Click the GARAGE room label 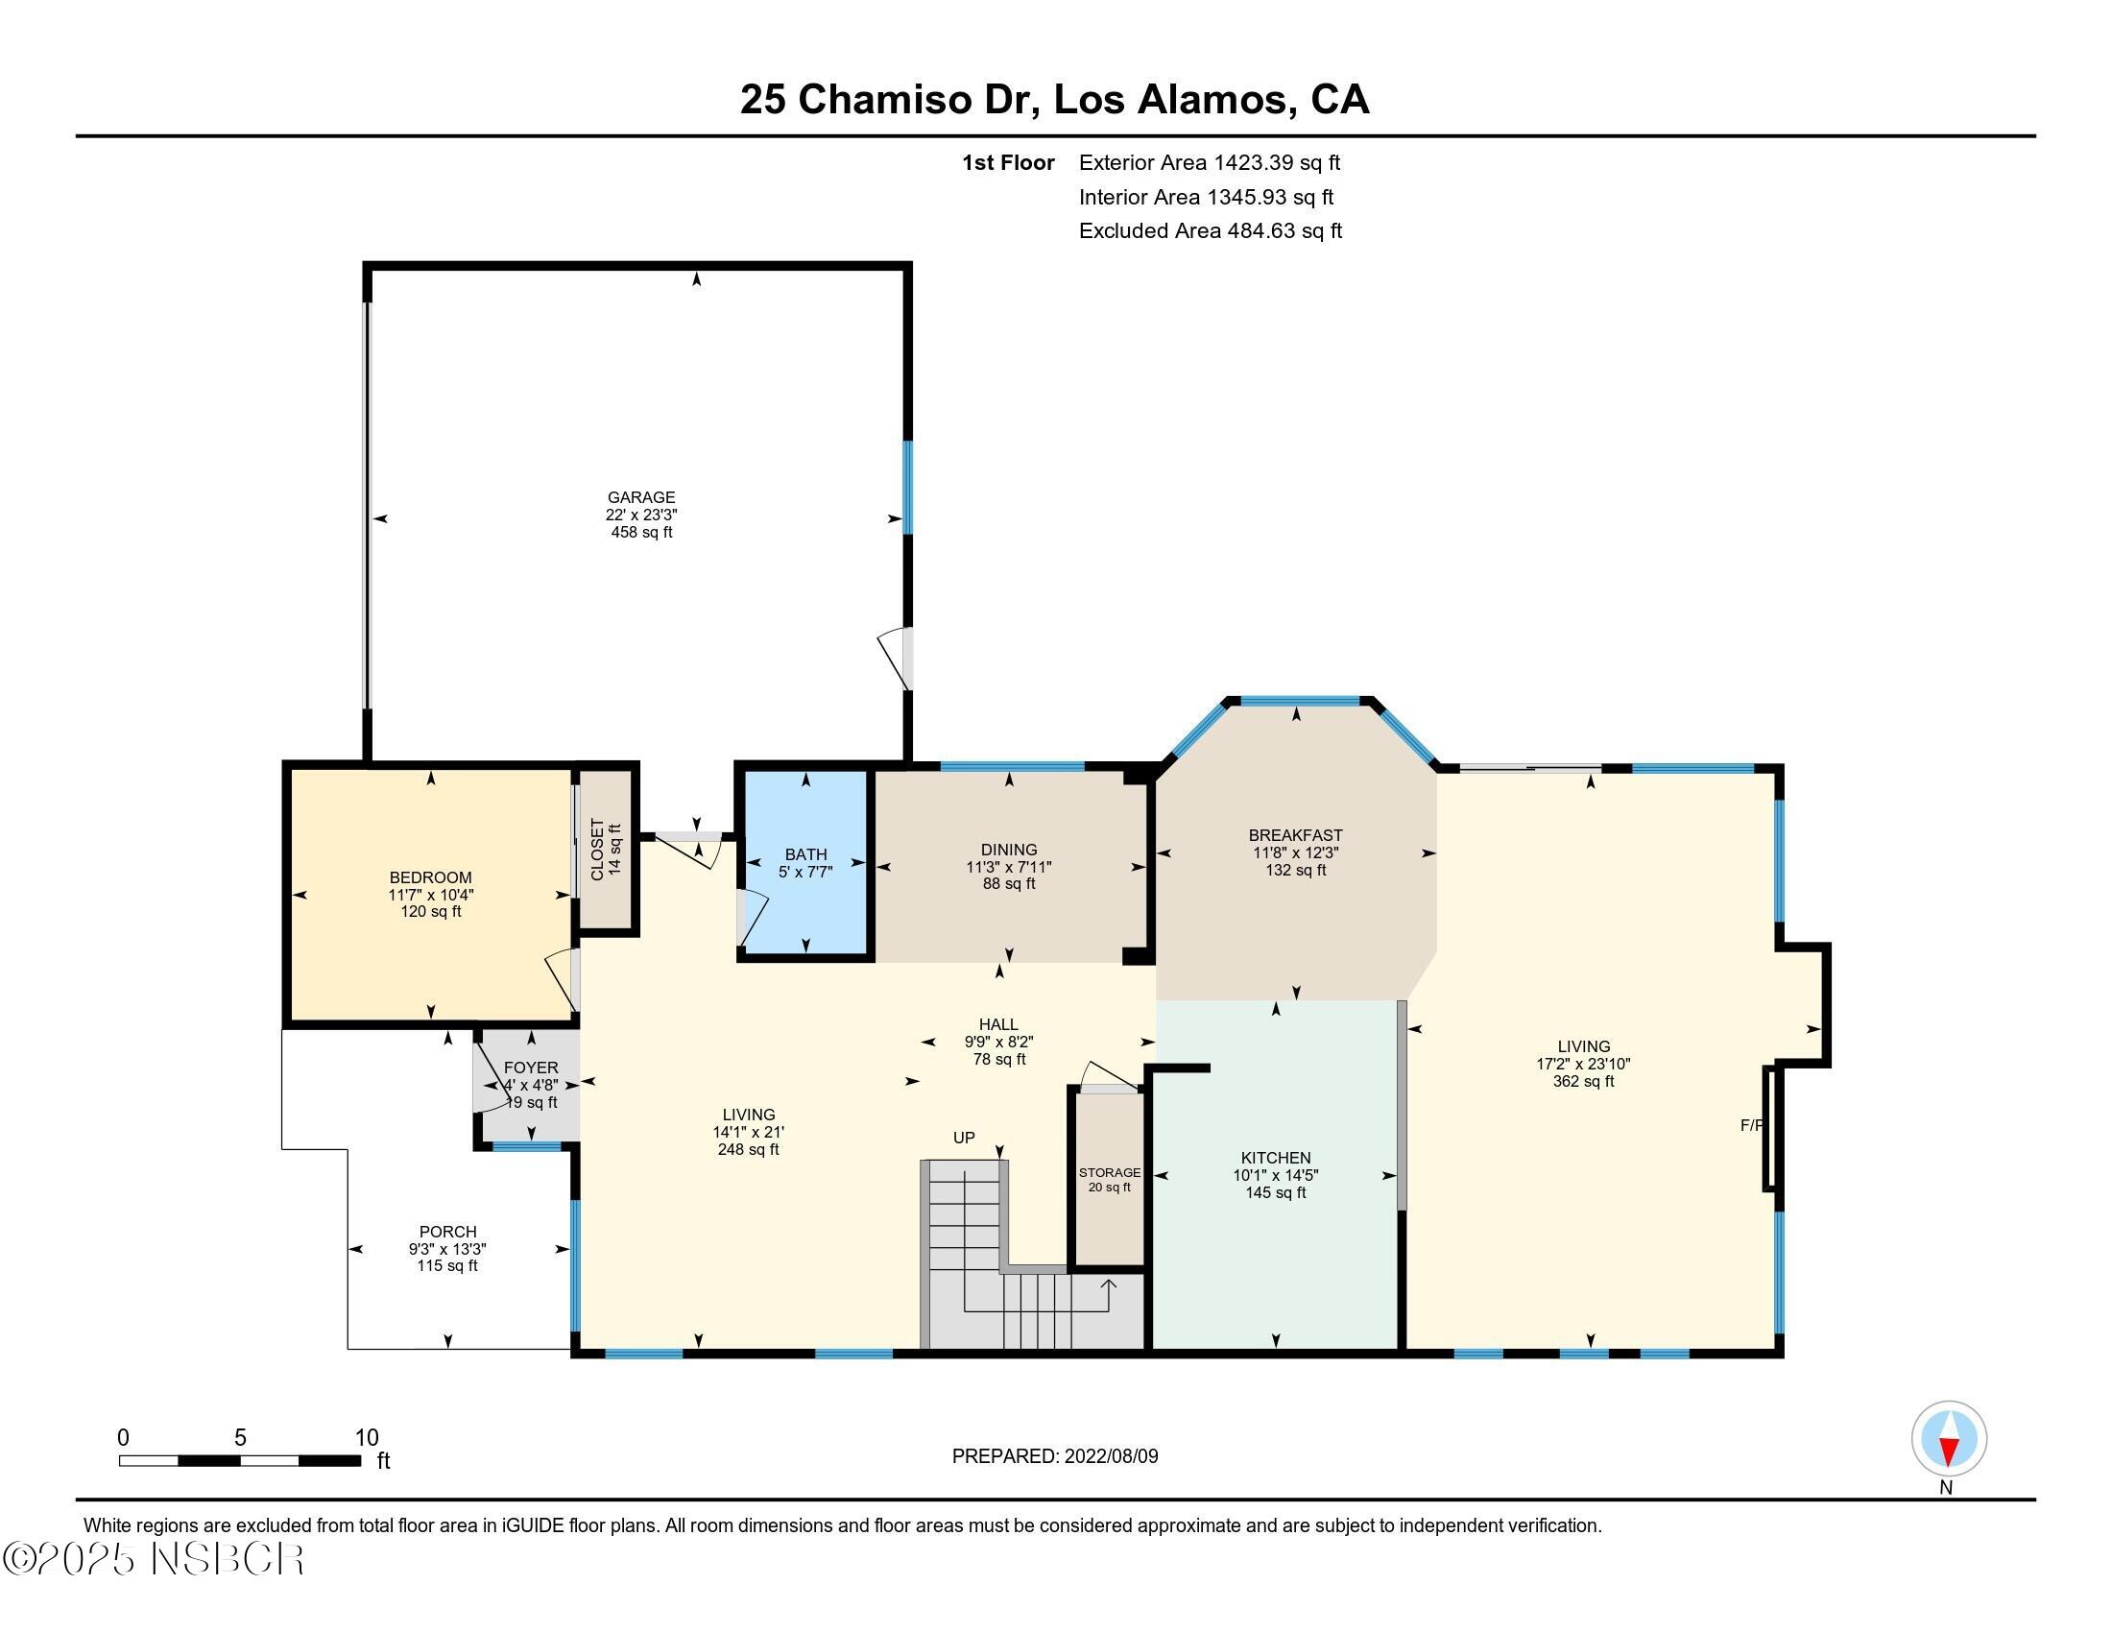(x=641, y=498)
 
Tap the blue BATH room (x=805, y=862)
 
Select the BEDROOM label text (x=430, y=877)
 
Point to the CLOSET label (x=597, y=850)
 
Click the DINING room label (x=1009, y=850)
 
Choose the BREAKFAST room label (x=1295, y=835)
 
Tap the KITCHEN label (x=1276, y=1159)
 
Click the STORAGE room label (x=1109, y=1173)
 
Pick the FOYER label (x=531, y=1068)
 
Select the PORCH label (x=447, y=1232)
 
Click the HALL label (x=998, y=1025)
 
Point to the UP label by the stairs (x=963, y=1138)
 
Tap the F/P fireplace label (x=1751, y=1125)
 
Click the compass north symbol (x=1949, y=1439)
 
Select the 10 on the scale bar (x=367, y=1438)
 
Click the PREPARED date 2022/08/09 (x=1110, y=1456)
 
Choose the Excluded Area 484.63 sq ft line (x=1210, y=231)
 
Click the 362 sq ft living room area (x=1583, y=1082)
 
